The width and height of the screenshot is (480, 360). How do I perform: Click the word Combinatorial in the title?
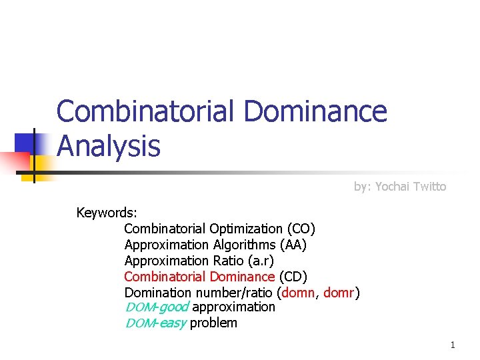tap(145, 111)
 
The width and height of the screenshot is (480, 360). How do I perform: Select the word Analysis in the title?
tap(109, 146)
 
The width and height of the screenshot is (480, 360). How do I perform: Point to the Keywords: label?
tap(107, 213)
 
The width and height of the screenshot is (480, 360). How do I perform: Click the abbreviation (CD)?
tap(293, 276)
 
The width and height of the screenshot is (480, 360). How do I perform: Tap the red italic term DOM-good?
tap(157, 307)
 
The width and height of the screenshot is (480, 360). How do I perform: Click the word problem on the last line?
tap(213, 323)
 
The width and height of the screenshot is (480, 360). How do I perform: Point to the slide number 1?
tap(453, 345)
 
